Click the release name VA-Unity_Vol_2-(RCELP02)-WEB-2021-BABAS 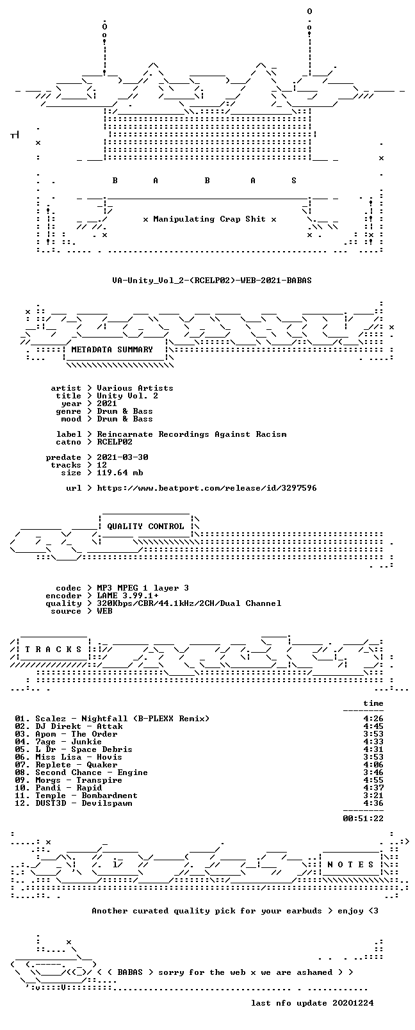[x=212, y=281]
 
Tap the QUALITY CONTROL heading [x=145, y=527]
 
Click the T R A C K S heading [x=53, y=650]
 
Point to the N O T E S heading [x=351, y=865]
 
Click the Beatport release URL [x=207, y=488]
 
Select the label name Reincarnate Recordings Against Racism [x=191, y=434]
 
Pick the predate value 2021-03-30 [x=122, y=457]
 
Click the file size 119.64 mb [x=120, y=473]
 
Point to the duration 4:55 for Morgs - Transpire [x=373, y=780]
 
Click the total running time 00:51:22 [x=363, y=819]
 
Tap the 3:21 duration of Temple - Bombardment [x=373, y=796]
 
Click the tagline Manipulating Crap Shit [x=209, y=219]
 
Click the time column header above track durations [x=373, y=703]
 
